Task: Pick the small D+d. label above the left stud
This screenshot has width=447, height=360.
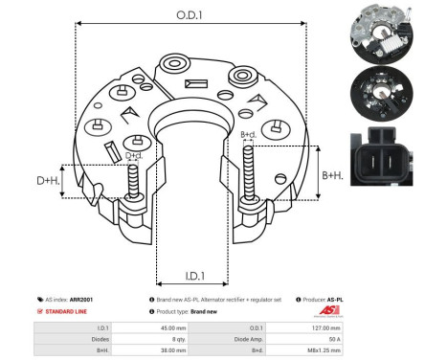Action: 134,155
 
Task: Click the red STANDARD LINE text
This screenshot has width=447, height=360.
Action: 67,312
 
